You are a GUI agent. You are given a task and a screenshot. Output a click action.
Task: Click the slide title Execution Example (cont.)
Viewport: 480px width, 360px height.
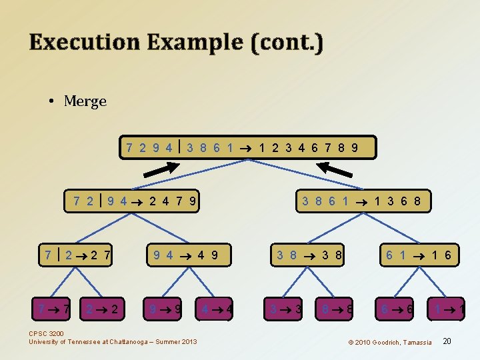pos(176,42)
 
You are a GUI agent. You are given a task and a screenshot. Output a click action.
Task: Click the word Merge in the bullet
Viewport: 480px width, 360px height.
pos(85,101)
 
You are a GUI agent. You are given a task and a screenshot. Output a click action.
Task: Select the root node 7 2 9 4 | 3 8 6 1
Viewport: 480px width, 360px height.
pos(248,147)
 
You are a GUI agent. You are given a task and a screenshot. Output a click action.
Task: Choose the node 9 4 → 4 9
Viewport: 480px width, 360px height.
pos(185,254)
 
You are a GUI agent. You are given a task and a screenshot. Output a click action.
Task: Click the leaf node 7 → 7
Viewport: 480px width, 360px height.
pos(54,309)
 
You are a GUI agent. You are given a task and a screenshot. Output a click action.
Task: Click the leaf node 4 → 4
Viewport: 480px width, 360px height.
pos(215,309)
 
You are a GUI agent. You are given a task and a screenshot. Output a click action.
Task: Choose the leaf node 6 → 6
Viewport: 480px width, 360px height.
pos(395,309)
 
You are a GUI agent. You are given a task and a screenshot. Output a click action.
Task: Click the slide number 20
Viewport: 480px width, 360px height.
pos(447,341)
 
